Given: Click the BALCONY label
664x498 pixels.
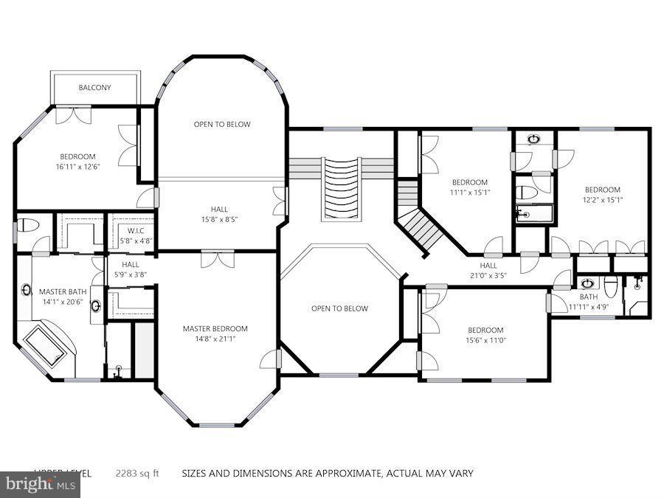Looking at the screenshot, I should (x=94, y=88).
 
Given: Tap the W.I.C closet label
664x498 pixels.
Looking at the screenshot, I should (x=136, y=230).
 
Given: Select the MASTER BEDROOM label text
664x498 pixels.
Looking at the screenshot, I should (x=215, y=328).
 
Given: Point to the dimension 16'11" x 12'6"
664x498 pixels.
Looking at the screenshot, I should (x=78, y=167).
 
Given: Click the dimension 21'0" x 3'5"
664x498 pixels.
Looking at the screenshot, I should (x=488, y=276).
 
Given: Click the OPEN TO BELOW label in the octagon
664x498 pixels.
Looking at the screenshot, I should (x=339, y=308).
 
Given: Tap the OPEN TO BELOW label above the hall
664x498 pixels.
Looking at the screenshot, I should (x=222, y=124).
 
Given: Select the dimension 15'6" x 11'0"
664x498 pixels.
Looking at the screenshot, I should (x=485, y=340).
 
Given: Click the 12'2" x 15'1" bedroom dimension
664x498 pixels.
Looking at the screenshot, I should (x=603, y=200).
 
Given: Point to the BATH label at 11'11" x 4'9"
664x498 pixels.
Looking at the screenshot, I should (x=588, y=297).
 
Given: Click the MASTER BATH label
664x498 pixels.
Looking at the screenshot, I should (x=63, y=291).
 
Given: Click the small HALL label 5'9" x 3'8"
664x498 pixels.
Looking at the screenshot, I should (x=131, y=265).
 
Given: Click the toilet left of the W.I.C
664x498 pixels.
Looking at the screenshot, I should (x=26, y=224).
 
